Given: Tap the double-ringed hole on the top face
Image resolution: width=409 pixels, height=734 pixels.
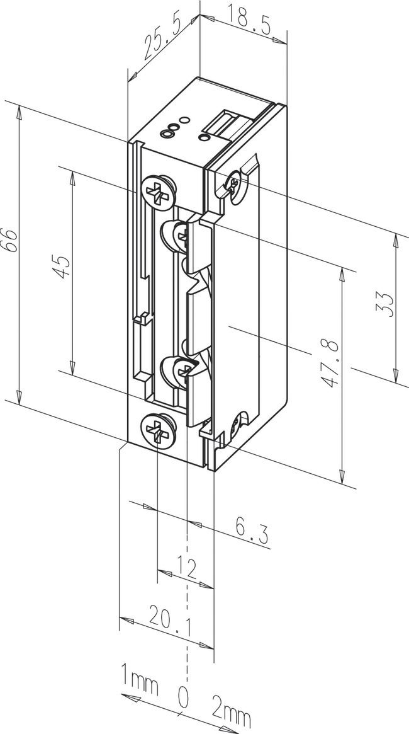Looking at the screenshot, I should pos(167,132).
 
